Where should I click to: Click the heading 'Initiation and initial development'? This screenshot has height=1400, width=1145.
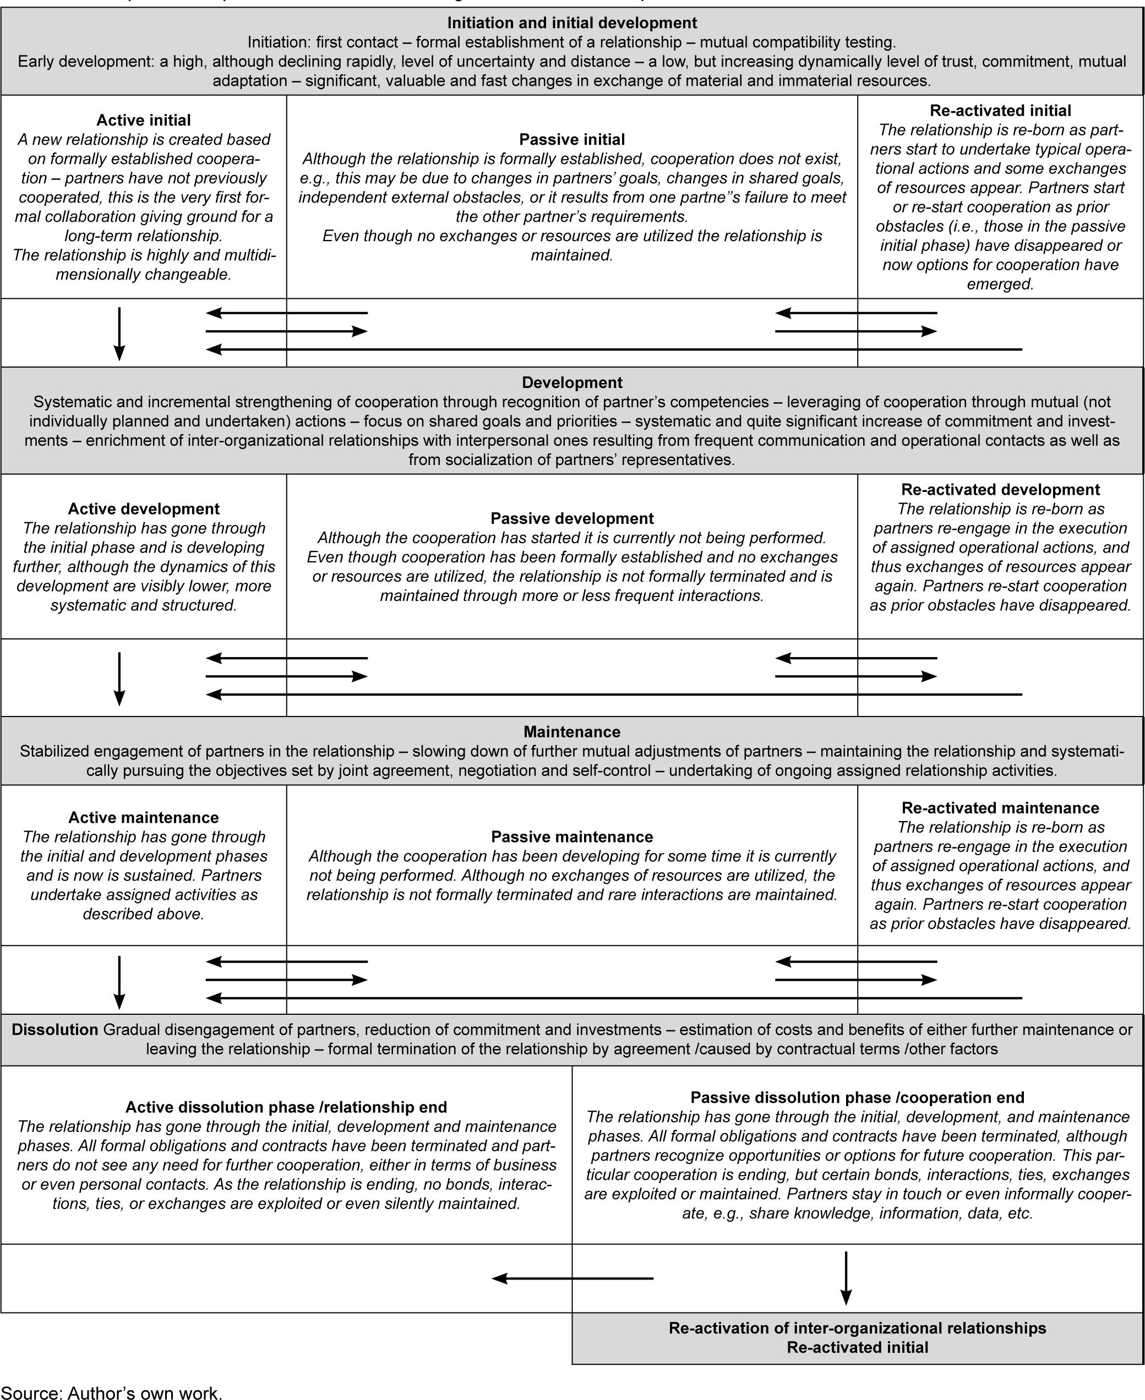(572, 23)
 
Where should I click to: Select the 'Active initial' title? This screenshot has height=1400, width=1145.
(143, 120)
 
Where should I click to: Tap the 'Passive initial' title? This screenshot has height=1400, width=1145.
(572, 139)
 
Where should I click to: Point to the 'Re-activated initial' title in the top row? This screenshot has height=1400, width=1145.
(1000, 111)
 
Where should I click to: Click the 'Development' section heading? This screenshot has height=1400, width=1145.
(572, 382)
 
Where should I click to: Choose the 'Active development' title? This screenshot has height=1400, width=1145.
(143, 508)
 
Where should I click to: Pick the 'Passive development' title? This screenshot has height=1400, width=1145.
(572, 518)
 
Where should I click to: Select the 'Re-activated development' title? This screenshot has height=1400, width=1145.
(1000, 489)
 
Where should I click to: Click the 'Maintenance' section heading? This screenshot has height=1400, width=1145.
(572, 731)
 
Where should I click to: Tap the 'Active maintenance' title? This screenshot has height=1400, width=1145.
(143, 817)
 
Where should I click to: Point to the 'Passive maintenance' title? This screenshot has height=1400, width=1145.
(572, 837)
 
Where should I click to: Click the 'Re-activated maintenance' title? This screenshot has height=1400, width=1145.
(1000, 808)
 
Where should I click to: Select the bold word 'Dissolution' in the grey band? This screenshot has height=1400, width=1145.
(54, 1030)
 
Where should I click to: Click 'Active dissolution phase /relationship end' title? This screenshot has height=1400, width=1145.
(286, 1107)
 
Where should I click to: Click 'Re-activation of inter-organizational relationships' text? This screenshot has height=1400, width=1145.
(858, 1327)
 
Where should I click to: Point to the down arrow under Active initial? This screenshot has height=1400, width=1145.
(119, 333)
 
